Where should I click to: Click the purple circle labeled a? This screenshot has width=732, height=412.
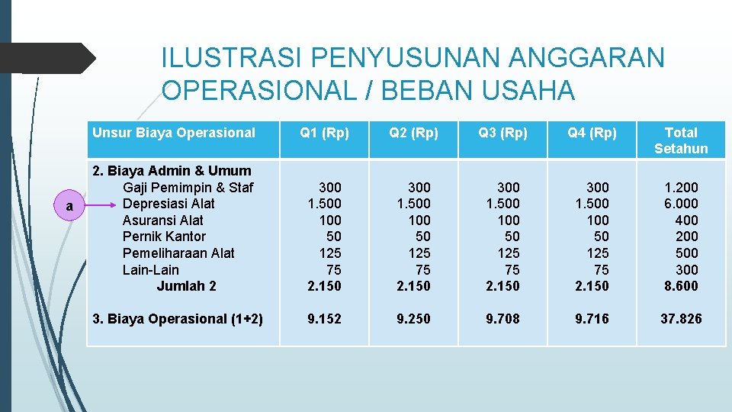point(69,206)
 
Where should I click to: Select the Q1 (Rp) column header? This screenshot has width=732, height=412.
point(324,133)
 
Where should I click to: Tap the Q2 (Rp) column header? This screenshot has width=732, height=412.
point(413,133)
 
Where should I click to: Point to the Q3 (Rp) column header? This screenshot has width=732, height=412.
point(502,133)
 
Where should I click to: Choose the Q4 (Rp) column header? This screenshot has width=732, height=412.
point(592,133)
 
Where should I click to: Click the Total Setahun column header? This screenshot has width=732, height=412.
point(681,140)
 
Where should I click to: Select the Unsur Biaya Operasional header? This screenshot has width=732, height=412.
point(174,133)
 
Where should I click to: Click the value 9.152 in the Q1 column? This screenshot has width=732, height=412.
point(324,319)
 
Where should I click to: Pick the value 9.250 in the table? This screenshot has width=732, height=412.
point(413,319)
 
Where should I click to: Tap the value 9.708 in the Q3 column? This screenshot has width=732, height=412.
point(502,319)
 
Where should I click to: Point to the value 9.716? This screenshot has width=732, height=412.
point(592,319)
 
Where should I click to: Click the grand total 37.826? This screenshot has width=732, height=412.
point(681,319)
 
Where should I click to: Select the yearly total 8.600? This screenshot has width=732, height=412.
point(682,286)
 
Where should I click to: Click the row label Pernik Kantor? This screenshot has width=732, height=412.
point(164,237)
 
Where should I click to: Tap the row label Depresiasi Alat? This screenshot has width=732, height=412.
point(169,204)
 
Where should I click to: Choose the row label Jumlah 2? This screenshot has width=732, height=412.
point(186,286)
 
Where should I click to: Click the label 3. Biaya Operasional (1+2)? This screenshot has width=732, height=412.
point(177,319)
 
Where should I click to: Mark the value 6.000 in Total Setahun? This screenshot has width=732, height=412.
point(682,204)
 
